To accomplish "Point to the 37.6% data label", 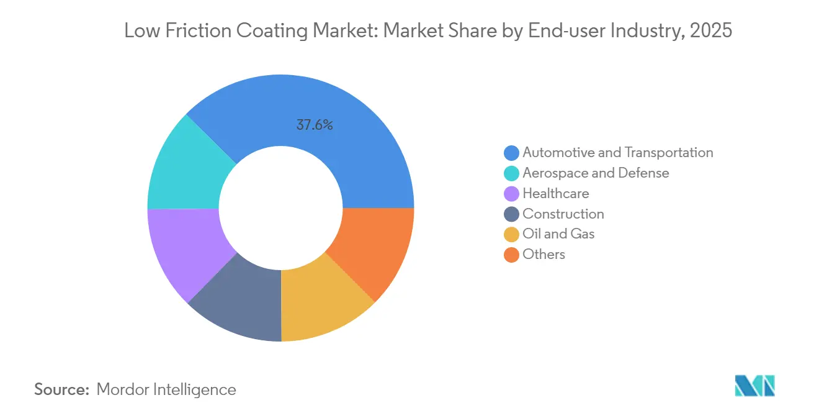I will click(315, 125).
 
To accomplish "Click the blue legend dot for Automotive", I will click(511, 153).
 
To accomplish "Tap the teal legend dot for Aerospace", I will click(511, 173).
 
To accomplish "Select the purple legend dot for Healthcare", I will click(511, 194).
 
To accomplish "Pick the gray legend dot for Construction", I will click(511, 214).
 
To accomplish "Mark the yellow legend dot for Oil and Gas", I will click(511, 234).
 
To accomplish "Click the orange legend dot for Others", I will click(511, 255).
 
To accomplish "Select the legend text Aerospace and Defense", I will click(596, 173).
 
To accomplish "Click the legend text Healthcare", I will click(556, 193).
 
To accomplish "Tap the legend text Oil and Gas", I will click(558, 234).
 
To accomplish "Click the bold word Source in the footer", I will click(62, 389).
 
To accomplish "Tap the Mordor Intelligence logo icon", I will click(754, 386).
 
